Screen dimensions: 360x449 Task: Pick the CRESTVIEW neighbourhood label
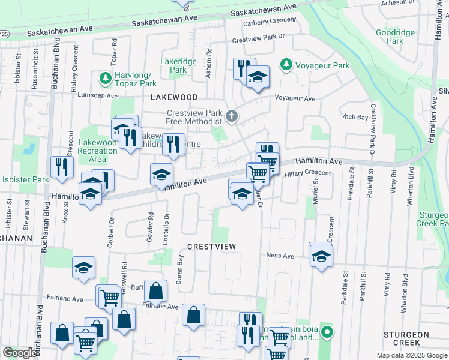point(211,247)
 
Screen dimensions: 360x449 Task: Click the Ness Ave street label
point(280,256)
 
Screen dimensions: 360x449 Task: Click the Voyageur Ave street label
point(295,98)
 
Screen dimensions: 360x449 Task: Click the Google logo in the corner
point(20,353)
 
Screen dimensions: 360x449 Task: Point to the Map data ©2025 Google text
point(411,355)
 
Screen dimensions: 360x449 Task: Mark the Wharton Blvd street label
point(411,181)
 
